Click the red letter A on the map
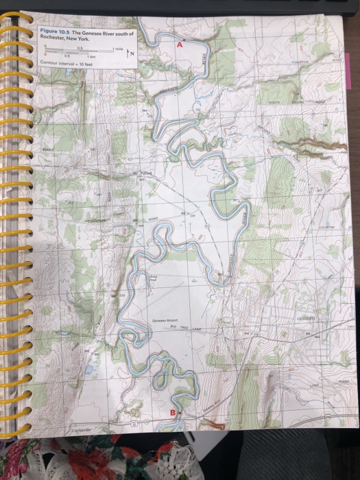click(x=180, y=44)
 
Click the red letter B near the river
click(x=173, y=411)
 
